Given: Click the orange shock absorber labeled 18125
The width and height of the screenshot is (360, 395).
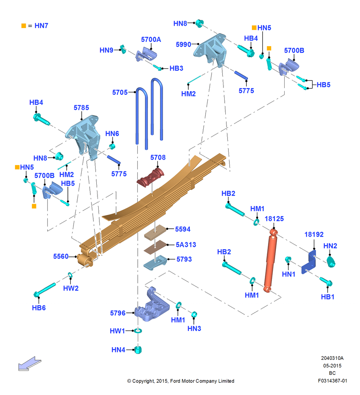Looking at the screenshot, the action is point(271,261).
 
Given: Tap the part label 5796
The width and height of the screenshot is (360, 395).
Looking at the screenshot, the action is point(118,313).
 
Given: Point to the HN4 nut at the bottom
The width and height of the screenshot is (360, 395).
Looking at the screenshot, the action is point(138,350).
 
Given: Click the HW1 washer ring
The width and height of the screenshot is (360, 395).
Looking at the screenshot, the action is point(138,331).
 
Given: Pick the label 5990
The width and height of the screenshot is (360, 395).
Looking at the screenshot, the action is point(183,45).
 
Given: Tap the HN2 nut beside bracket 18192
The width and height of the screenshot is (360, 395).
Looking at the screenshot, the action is point(331,261).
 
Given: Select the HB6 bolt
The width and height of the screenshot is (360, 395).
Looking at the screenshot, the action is point(44,290).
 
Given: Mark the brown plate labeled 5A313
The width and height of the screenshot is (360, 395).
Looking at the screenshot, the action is point(155,247).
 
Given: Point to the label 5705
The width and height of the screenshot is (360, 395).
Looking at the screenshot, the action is point(120,92).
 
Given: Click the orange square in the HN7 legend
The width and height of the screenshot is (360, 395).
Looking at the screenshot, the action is point(24,26).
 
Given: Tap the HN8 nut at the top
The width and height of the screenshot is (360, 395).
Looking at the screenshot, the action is point(199,23).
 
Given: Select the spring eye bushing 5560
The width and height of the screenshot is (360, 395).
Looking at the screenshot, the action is point(85,260).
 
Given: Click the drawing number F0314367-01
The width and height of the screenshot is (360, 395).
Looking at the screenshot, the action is point(332,381).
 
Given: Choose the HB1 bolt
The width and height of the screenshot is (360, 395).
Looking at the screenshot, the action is point(326,281).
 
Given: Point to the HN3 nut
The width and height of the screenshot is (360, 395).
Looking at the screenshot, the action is point(194,314).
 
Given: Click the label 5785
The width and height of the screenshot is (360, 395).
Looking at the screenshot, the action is point(81,108).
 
